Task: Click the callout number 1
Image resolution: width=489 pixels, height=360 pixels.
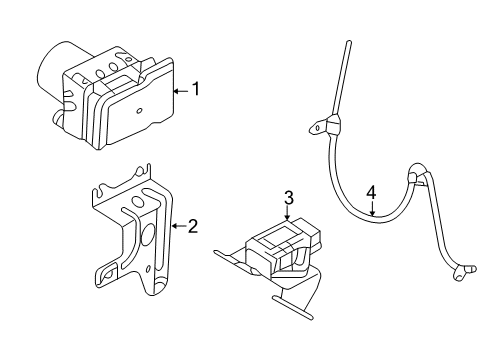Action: point(196,89)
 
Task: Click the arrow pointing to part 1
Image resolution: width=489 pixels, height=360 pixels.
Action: point(181,90)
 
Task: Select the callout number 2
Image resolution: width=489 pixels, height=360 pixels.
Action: point(193,226)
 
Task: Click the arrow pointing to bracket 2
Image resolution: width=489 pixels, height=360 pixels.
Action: point(178,226)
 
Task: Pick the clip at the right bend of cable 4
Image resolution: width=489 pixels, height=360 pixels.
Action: point(412,178)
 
